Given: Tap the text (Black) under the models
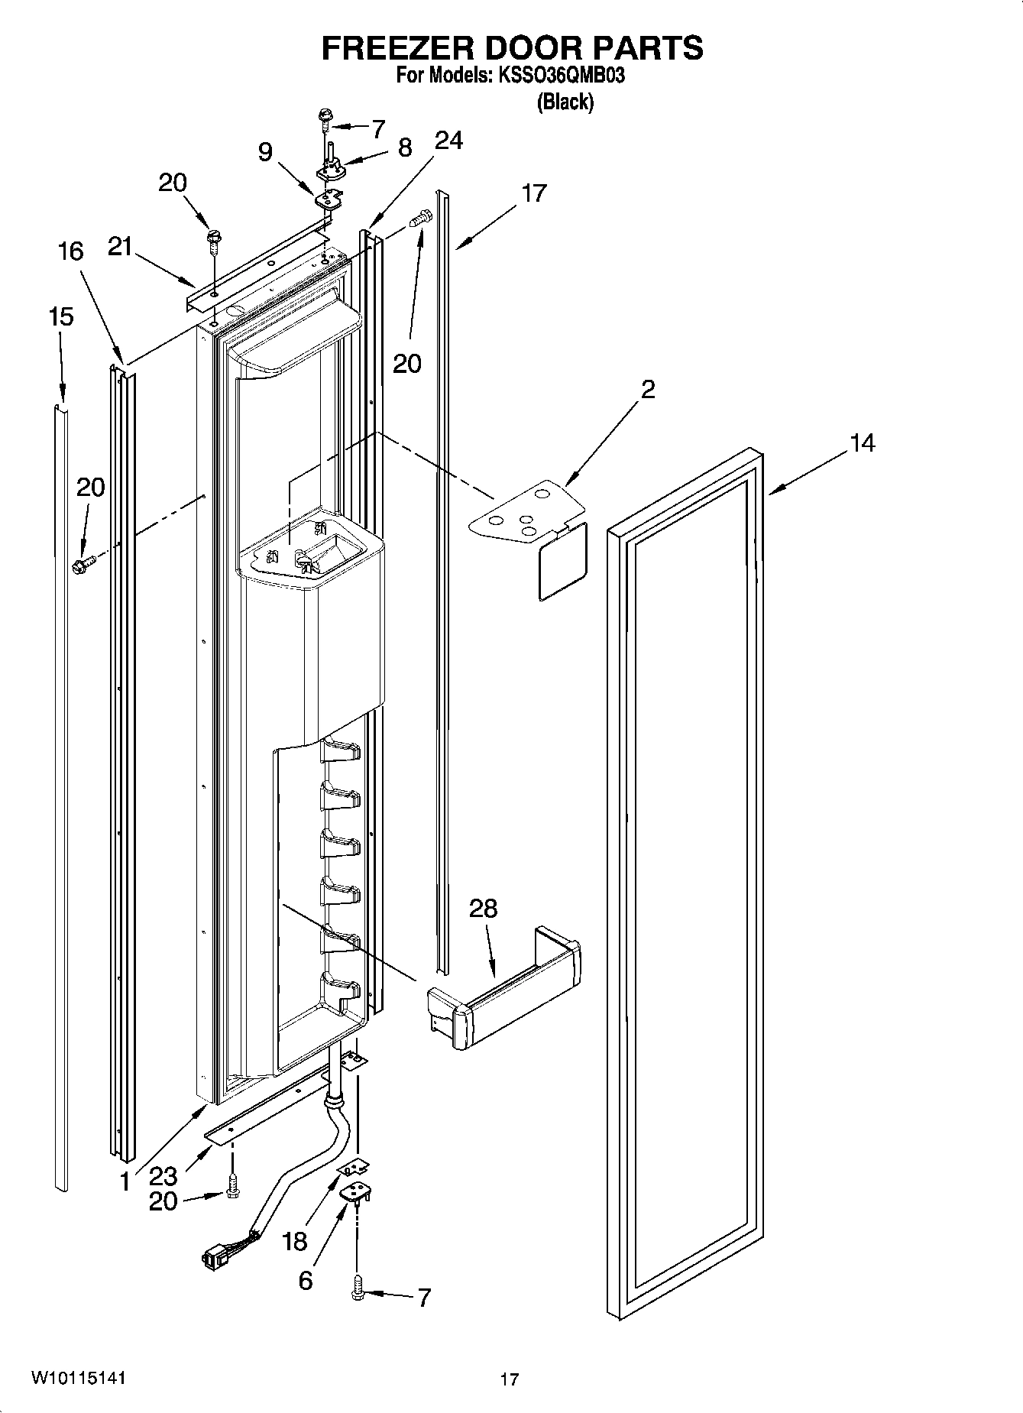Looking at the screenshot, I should pos(565,102).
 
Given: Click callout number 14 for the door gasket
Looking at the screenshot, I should pos(862,442).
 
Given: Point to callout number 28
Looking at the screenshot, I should pos(483,909).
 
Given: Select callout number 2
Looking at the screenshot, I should pos(647,390).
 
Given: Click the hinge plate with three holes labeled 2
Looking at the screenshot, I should pos(527,510).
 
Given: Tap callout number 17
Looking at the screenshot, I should pos(534,193).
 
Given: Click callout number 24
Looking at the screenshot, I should pos(448,141).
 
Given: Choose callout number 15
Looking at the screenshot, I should pos(61,316).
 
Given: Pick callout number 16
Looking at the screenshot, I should pos(70,251).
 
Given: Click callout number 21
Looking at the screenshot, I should pos(120,246).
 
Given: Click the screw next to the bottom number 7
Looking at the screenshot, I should pos(358,1291).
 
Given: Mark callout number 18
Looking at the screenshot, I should pos(295,1242).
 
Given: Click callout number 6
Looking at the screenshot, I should pos(305,1281).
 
